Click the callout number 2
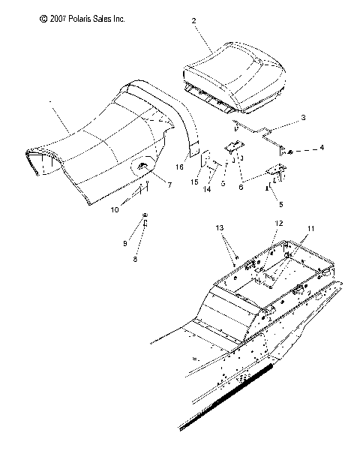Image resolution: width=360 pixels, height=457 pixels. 194,22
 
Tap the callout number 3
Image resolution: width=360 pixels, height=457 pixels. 303,118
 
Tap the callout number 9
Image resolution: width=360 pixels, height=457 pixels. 126,243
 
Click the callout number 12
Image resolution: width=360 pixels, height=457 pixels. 278,223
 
